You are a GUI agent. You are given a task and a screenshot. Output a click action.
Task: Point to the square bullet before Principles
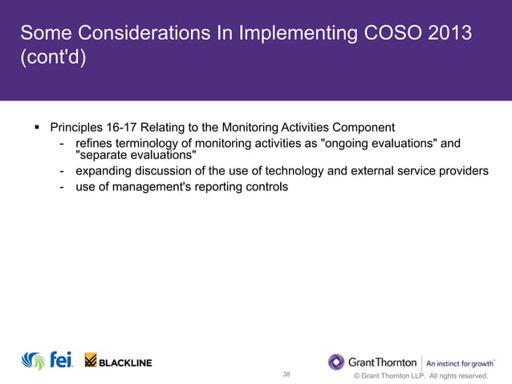[37, 128]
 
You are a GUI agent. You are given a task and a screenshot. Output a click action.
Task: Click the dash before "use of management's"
[62, 188]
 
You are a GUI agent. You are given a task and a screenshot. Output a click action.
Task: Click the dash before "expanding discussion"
[62, 172]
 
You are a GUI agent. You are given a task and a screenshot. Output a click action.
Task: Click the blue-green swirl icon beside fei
[33, 361]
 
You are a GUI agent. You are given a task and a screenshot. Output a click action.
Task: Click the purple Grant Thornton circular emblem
[336, 362]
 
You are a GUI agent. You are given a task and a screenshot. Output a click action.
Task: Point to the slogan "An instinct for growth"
[459, 362]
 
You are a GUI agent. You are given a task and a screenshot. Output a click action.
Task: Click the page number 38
[286, 374]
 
